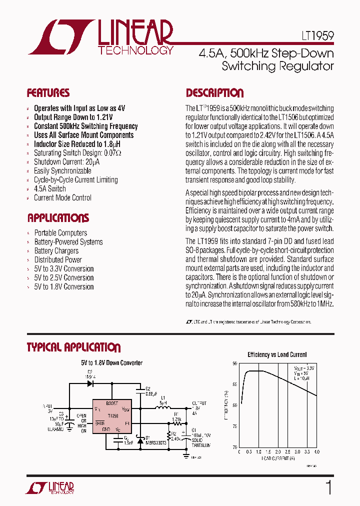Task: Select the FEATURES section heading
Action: pos(48,93)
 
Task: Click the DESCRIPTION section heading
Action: pos(214,93)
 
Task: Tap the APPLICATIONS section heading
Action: pos(58,218)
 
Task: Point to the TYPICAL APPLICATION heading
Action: pos(73,347)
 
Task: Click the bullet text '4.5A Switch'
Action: pos(49,188)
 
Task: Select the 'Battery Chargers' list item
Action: pos(56,250)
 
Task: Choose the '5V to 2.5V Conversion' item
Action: pos(63,277)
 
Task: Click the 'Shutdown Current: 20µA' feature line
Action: pos(66,161)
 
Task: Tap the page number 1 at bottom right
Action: pos(328,487)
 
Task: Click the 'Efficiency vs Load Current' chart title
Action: pos(277,354)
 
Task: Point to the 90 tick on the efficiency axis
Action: pos(234,364)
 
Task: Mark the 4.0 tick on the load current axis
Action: pos(316,451)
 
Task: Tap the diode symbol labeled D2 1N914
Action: pos(90,384)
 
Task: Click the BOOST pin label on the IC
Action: pos(112,403)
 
